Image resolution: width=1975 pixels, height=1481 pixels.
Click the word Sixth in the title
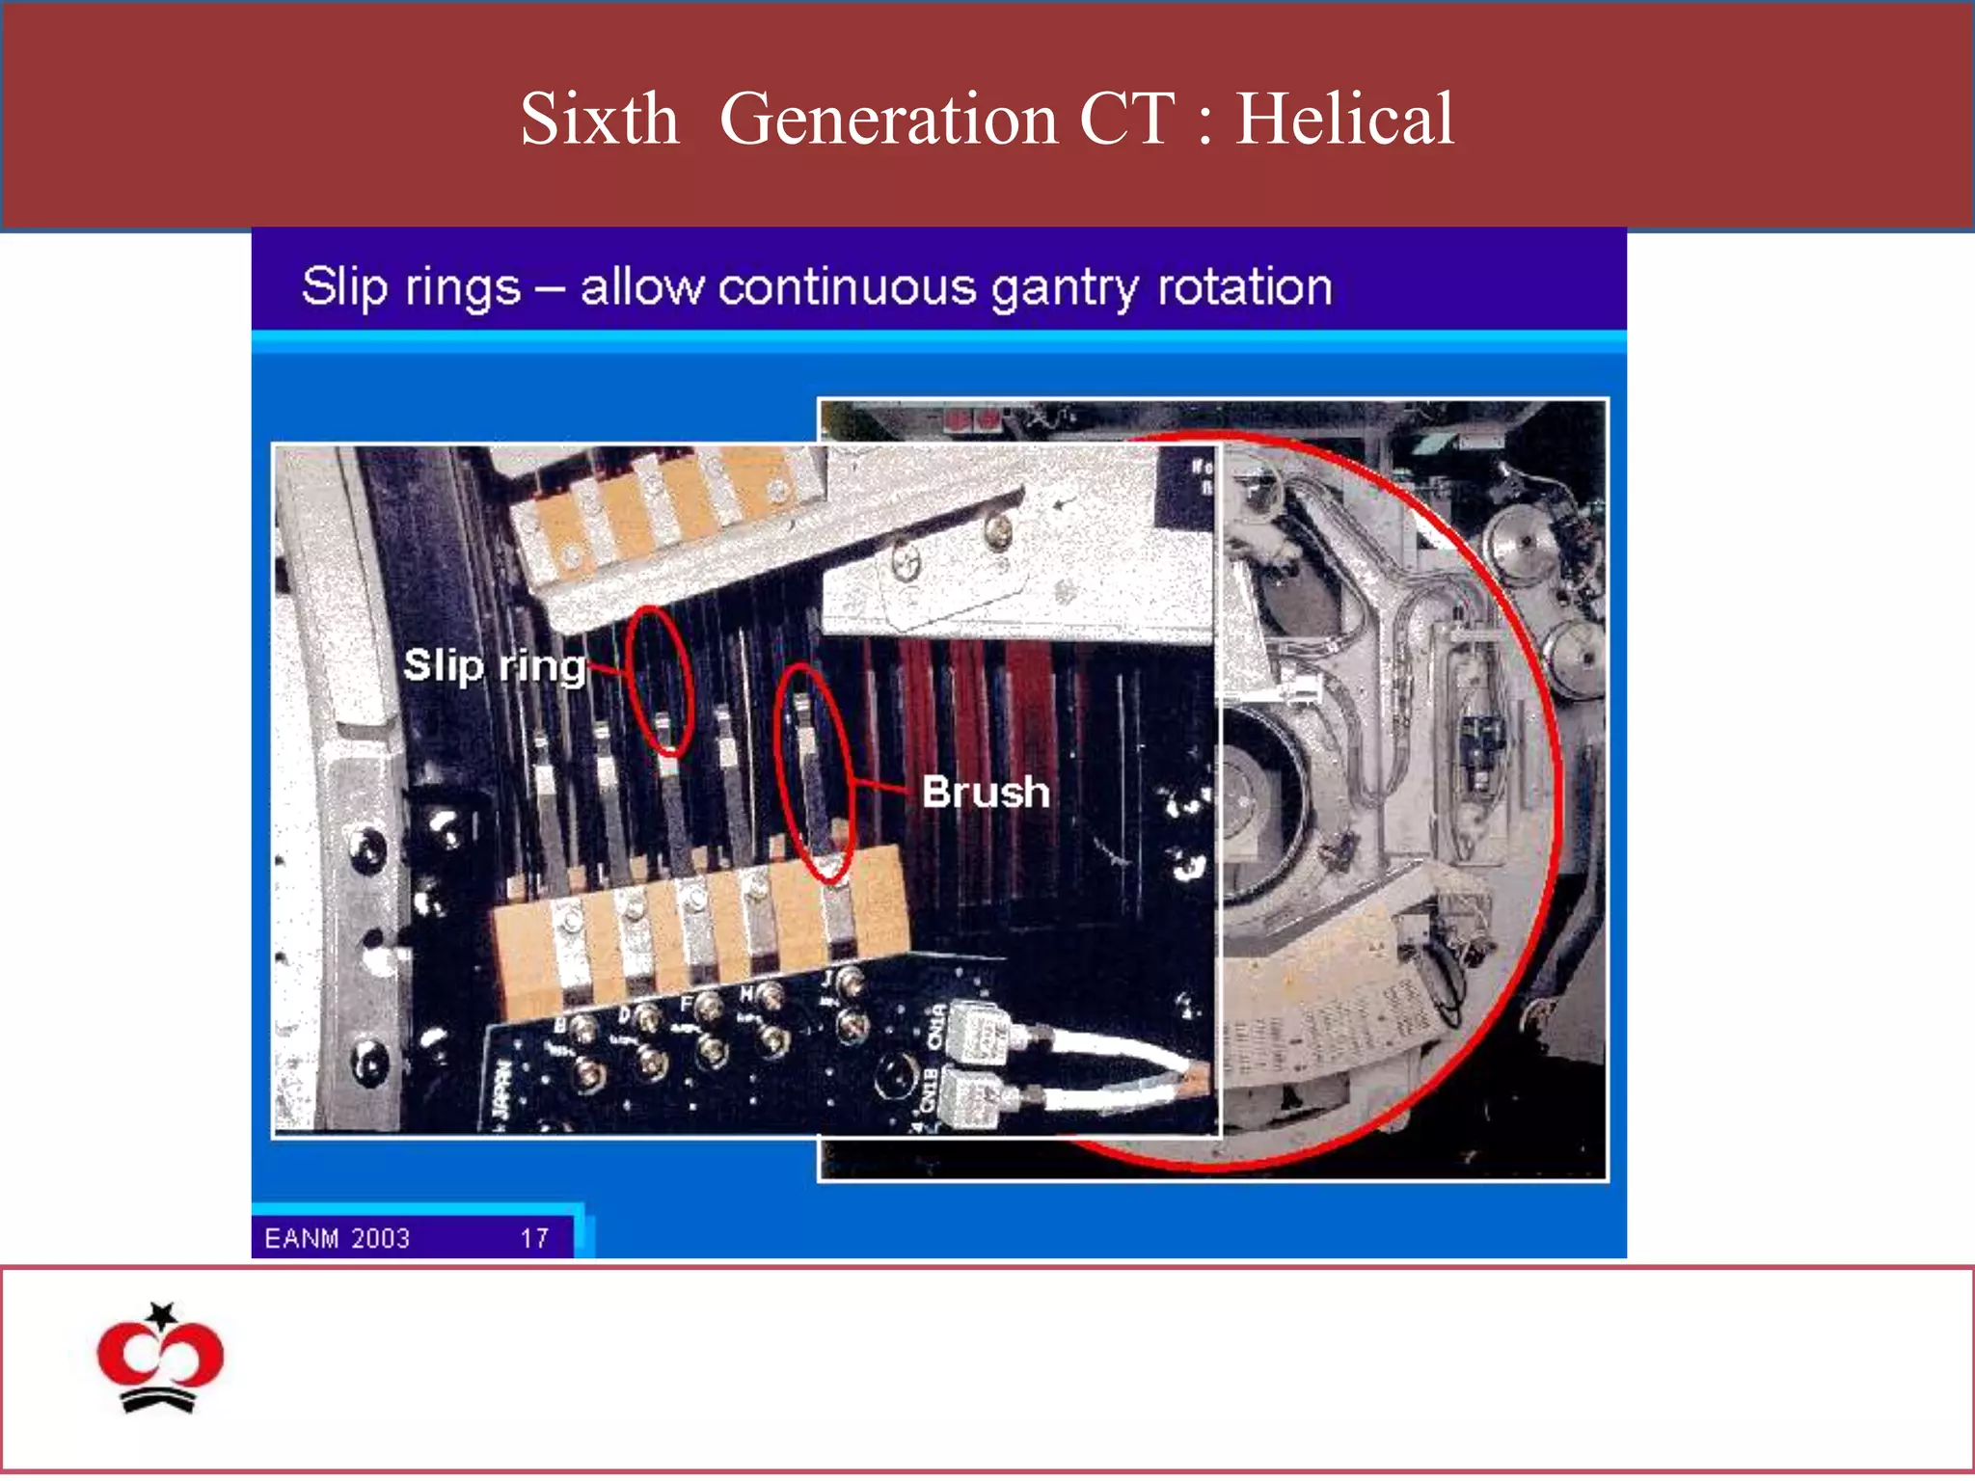click(599, 119)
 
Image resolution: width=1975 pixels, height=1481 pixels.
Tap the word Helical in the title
click(1344, 119)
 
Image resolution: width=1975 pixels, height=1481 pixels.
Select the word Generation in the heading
click(888, 119)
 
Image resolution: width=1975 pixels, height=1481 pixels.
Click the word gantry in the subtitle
click(1065, 288)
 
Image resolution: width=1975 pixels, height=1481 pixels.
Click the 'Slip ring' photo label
click(494, 665)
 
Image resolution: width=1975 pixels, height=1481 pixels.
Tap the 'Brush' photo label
click(985, 792)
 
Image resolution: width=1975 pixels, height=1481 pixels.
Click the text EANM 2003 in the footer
click(337, 1238)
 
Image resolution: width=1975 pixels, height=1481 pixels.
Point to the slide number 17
click(534, 1238)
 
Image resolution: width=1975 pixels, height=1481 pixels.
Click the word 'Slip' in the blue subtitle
click(343, 287)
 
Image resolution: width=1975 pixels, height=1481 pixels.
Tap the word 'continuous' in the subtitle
click(848, 287)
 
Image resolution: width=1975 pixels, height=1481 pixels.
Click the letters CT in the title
click(1126, 119)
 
